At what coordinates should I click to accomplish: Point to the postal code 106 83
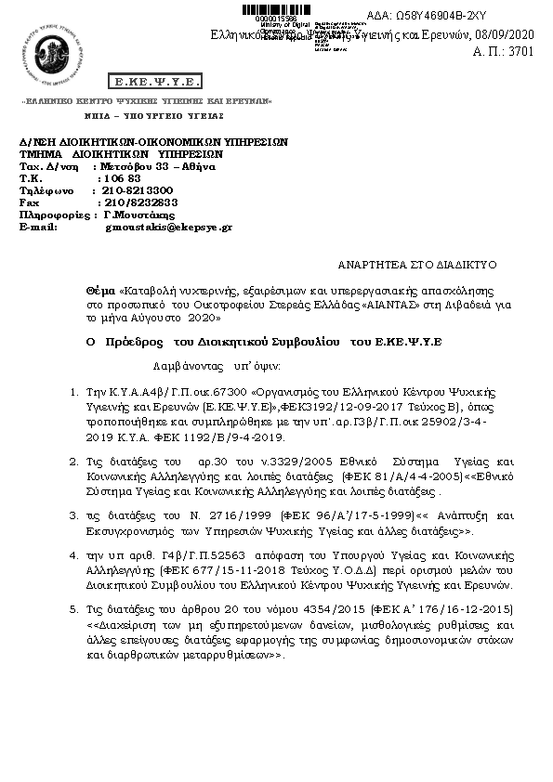[x=122, y=177]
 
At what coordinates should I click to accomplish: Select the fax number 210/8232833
[x=140, y=202]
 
